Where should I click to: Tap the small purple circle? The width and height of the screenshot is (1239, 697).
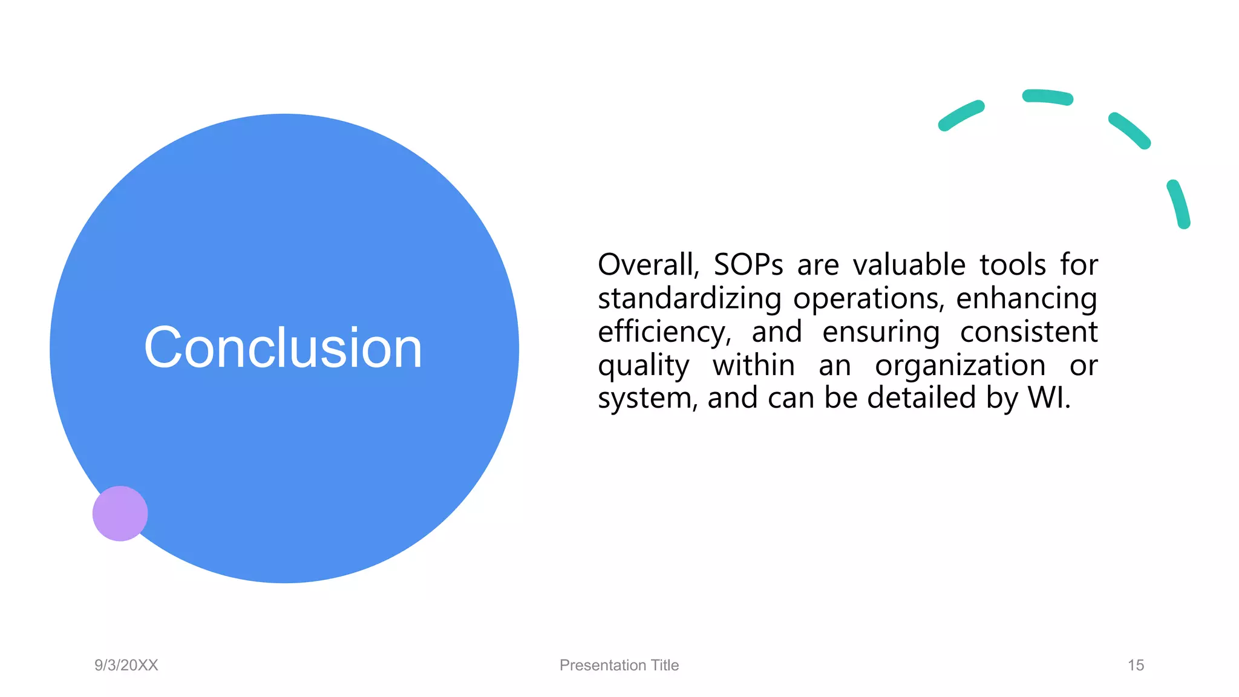120,513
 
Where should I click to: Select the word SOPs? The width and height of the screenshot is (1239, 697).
748,265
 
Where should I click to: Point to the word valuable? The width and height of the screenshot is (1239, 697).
909,265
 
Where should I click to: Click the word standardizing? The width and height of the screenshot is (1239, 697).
689,298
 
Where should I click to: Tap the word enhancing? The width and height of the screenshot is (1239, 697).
1026,298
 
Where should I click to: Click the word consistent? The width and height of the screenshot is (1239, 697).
1028,332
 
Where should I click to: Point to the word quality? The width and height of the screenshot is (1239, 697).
643,366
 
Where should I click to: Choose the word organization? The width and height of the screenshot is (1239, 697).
960,365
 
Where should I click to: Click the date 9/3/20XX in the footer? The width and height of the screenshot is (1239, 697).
126,665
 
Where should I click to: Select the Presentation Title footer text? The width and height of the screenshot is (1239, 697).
619,665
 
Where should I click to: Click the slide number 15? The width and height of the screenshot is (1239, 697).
1136,665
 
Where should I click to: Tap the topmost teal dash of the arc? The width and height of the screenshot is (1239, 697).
1047,97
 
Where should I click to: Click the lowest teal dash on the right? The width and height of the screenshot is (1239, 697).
1179,204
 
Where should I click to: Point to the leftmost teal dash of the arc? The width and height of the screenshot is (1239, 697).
961,116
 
